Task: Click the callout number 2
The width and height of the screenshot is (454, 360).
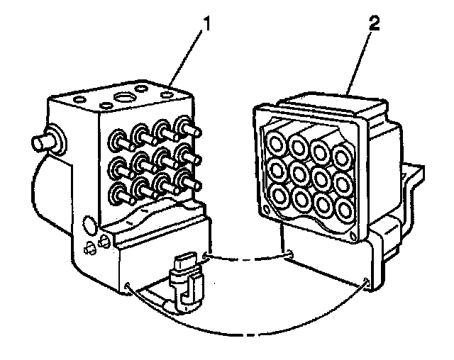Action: click(x=375, y=22)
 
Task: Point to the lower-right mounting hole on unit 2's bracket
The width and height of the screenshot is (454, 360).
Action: click(x=365, y=283)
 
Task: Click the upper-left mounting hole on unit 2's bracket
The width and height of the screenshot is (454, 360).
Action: click(x=291, y=252)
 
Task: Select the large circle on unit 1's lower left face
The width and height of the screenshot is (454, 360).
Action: click(x=90, y=225)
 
